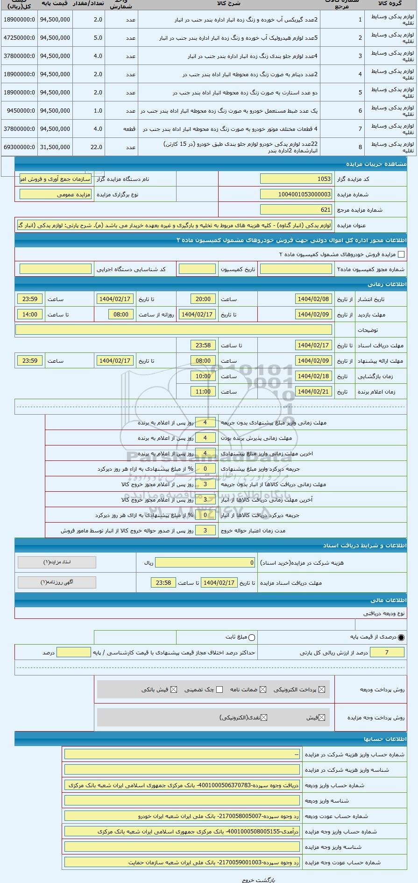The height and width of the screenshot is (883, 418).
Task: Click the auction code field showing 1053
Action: point(296,179)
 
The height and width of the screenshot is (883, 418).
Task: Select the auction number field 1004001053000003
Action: point(296,194)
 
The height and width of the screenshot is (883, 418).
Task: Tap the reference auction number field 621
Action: point(296,209)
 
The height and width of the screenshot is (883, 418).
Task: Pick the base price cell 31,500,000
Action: point(55,147)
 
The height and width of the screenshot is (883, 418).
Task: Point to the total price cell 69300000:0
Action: point(19,147)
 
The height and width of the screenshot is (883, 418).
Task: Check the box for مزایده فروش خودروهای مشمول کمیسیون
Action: point(401,254)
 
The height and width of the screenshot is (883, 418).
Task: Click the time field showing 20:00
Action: point(203,299)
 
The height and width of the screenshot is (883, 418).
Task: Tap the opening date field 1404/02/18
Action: point(313,376)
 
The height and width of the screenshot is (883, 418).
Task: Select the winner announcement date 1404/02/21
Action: point(313,391)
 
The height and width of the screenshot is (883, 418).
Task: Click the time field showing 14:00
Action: point(30,314)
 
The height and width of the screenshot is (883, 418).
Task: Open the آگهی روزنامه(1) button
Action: point(57,582)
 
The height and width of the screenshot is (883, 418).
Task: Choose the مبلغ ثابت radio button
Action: point(252,637)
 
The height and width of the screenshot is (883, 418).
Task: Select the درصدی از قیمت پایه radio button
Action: point(401,637)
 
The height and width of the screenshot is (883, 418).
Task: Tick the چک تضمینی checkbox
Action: point(220,689)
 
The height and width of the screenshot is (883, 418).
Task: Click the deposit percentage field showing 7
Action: point(387,652)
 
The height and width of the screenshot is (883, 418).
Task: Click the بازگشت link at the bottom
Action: point(269,879)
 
